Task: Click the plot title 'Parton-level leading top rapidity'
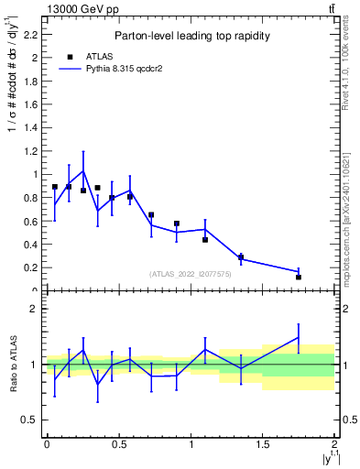(x=191, y=36)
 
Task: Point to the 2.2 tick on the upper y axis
(x=31, y=34)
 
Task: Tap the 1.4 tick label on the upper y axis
(x=31, y=127)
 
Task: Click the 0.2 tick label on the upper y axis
(x=31, y=267)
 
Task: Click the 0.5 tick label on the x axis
(x=118, y=444)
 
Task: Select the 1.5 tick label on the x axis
(x=263, y=444)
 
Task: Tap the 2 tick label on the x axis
(x=335, y=444)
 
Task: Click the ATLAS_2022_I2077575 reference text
(x=191, y=274)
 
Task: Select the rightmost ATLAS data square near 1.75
(x=299, y=277)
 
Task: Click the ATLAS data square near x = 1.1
(x=205, y=240)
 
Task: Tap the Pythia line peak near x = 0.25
(x=83, y=170)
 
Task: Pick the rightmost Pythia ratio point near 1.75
(x=299, y=337)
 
